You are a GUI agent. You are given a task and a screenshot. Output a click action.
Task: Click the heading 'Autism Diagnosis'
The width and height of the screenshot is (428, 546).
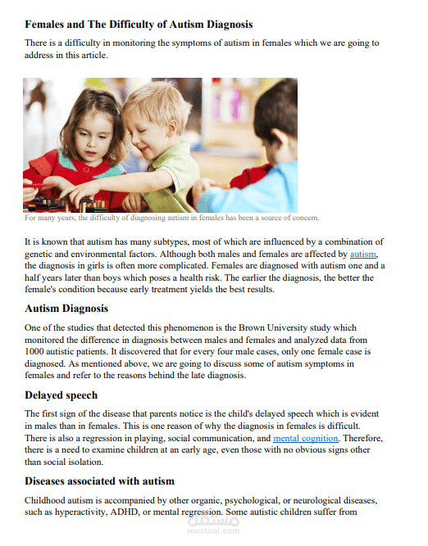pyautogui.click(x=66, y=309)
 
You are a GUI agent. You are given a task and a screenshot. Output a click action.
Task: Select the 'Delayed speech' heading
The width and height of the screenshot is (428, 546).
pyautogui.click(x=61, y=395)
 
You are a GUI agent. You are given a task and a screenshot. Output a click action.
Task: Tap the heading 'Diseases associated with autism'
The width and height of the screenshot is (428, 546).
pyautogui.click(x=99, y=481)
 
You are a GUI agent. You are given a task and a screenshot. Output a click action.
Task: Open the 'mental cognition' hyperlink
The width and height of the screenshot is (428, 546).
pyautogui.click(x=305, y=439)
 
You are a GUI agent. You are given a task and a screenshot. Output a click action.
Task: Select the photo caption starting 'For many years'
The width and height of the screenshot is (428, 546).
pyautogui.click(x=171, y=218)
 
